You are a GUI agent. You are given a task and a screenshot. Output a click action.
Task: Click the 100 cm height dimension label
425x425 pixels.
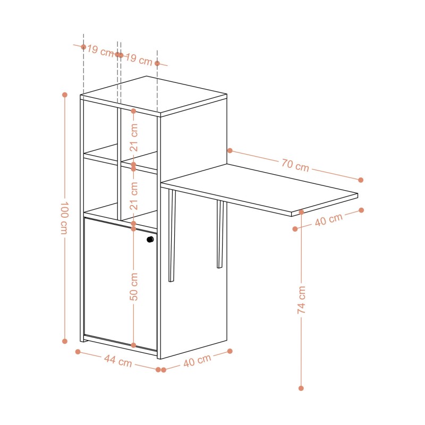pyautogui.click(x=64, y=218)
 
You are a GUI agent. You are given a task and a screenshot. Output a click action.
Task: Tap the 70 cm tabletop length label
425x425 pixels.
pyautogui.click(x=295, y=165)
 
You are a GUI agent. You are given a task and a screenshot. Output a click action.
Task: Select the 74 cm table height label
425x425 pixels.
pyautogui.click(x=301, y=300)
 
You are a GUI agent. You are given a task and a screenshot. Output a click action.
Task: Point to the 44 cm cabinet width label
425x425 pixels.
pyautogui.click(x=118, y=361)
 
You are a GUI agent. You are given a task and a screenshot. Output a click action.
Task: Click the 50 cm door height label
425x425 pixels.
pyautogui.click(x=134, y=287)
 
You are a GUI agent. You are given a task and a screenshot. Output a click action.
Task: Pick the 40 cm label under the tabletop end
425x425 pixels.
pyautogui.click(x=329, y=219)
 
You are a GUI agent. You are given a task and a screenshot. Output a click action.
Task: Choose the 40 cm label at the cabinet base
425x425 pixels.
pyautogui.click(x=197, y=361)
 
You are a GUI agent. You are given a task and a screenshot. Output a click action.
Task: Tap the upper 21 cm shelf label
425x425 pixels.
pyautogui.click(x=134, y=138)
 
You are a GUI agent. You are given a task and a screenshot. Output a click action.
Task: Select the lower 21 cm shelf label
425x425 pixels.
pyautogui.click(x=134, y=196)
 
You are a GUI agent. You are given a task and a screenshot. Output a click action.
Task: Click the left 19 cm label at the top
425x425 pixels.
pyautogui.click(x=100, y=51)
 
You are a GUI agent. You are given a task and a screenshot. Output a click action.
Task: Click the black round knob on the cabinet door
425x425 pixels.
pyautogui.click(x=150, y=240)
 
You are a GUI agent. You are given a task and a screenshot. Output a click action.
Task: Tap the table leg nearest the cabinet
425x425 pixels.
pyautogui.click(x=172, y=235)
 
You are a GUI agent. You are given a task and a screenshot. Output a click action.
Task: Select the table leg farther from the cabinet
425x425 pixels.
pyautogui.click(x=220, y=234)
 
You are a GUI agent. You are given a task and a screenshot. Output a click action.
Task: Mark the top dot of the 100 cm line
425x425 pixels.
pyautogui.click(x=64, y=95)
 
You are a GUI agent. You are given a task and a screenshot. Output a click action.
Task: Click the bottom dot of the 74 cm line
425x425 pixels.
pyautogui.click(x=301, y=388)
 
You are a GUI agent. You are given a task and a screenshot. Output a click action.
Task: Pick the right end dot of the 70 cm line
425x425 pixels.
pyautogui.click(x=361, y=180)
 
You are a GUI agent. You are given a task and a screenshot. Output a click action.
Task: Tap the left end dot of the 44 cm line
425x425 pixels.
pyautogui.click(x=78, y=352)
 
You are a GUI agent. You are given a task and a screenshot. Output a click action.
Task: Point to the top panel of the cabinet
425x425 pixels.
pyautogui.click(x=154, y=95)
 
